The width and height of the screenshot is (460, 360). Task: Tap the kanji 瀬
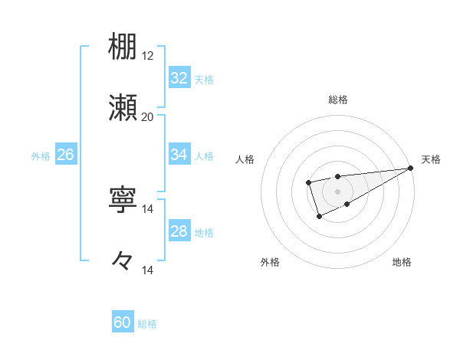tap(123, 107)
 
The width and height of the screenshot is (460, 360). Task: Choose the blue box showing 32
tap(179, 78)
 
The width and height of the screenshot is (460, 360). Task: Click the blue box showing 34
tap(179, 155)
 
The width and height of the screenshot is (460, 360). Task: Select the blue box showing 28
tap(179, 231)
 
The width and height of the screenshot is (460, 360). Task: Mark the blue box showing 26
tap(65, 155)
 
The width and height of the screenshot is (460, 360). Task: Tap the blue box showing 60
tap(123, 322)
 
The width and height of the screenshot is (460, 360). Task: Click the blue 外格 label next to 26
tap(41, 156)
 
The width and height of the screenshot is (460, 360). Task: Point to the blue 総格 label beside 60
tap(147, 324)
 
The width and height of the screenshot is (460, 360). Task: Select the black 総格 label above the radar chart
tap(338, 100)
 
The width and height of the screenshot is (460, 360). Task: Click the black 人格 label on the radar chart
tap(245, 159)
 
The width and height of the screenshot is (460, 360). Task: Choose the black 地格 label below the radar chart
tap(402, 263)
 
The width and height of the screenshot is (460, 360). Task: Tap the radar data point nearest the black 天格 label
tap(412, 169)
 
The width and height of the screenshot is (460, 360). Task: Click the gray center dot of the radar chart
tap(337, 191)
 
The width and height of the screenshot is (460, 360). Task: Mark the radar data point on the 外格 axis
tap(319, 218)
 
